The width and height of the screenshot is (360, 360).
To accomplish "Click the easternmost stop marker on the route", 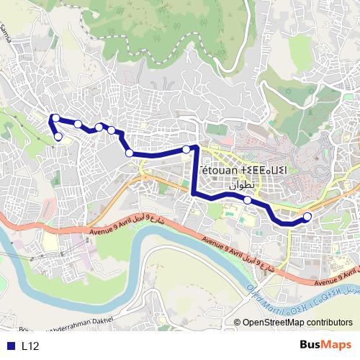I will (307, 217).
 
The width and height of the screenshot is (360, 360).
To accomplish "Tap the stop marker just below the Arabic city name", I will (248, 200).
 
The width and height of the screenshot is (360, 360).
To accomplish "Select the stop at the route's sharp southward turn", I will (186, 149).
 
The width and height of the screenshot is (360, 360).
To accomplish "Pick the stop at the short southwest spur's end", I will (58, 136).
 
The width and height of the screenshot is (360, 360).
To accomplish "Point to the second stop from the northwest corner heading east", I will (78, 124).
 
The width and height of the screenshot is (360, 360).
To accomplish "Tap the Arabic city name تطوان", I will (240, 185).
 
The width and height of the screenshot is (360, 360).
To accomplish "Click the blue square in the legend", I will (9, 346).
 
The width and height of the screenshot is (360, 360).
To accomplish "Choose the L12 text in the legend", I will (30, 346).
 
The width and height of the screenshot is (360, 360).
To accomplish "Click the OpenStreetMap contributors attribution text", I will (297, 323).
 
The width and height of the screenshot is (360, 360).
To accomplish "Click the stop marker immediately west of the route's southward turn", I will (130, 153).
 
